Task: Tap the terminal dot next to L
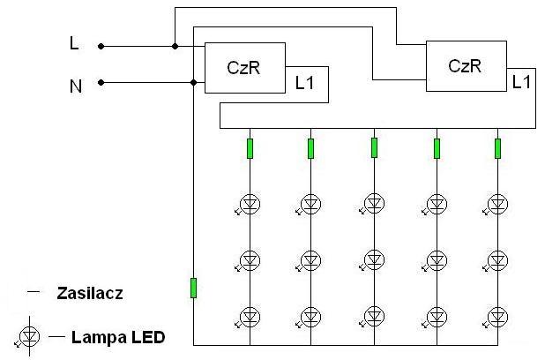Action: point(101,46)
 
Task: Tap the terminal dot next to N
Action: point(101,82)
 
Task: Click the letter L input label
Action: point(74,44)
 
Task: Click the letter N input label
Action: point(76,86)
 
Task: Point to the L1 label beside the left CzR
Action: point(304,83)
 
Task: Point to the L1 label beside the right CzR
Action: point(521,82)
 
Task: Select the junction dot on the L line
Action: point(175,46)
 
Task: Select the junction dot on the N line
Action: point(194,82)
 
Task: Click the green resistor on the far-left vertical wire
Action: point(194,288)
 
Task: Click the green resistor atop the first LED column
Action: point(250,148)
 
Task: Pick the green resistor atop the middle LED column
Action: point(374,148)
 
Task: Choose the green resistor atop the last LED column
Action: point(497,148)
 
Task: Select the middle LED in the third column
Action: point(373,260)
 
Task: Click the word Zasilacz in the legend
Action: point(90,293)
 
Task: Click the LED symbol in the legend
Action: point(28,337)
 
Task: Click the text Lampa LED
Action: point(118,337)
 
